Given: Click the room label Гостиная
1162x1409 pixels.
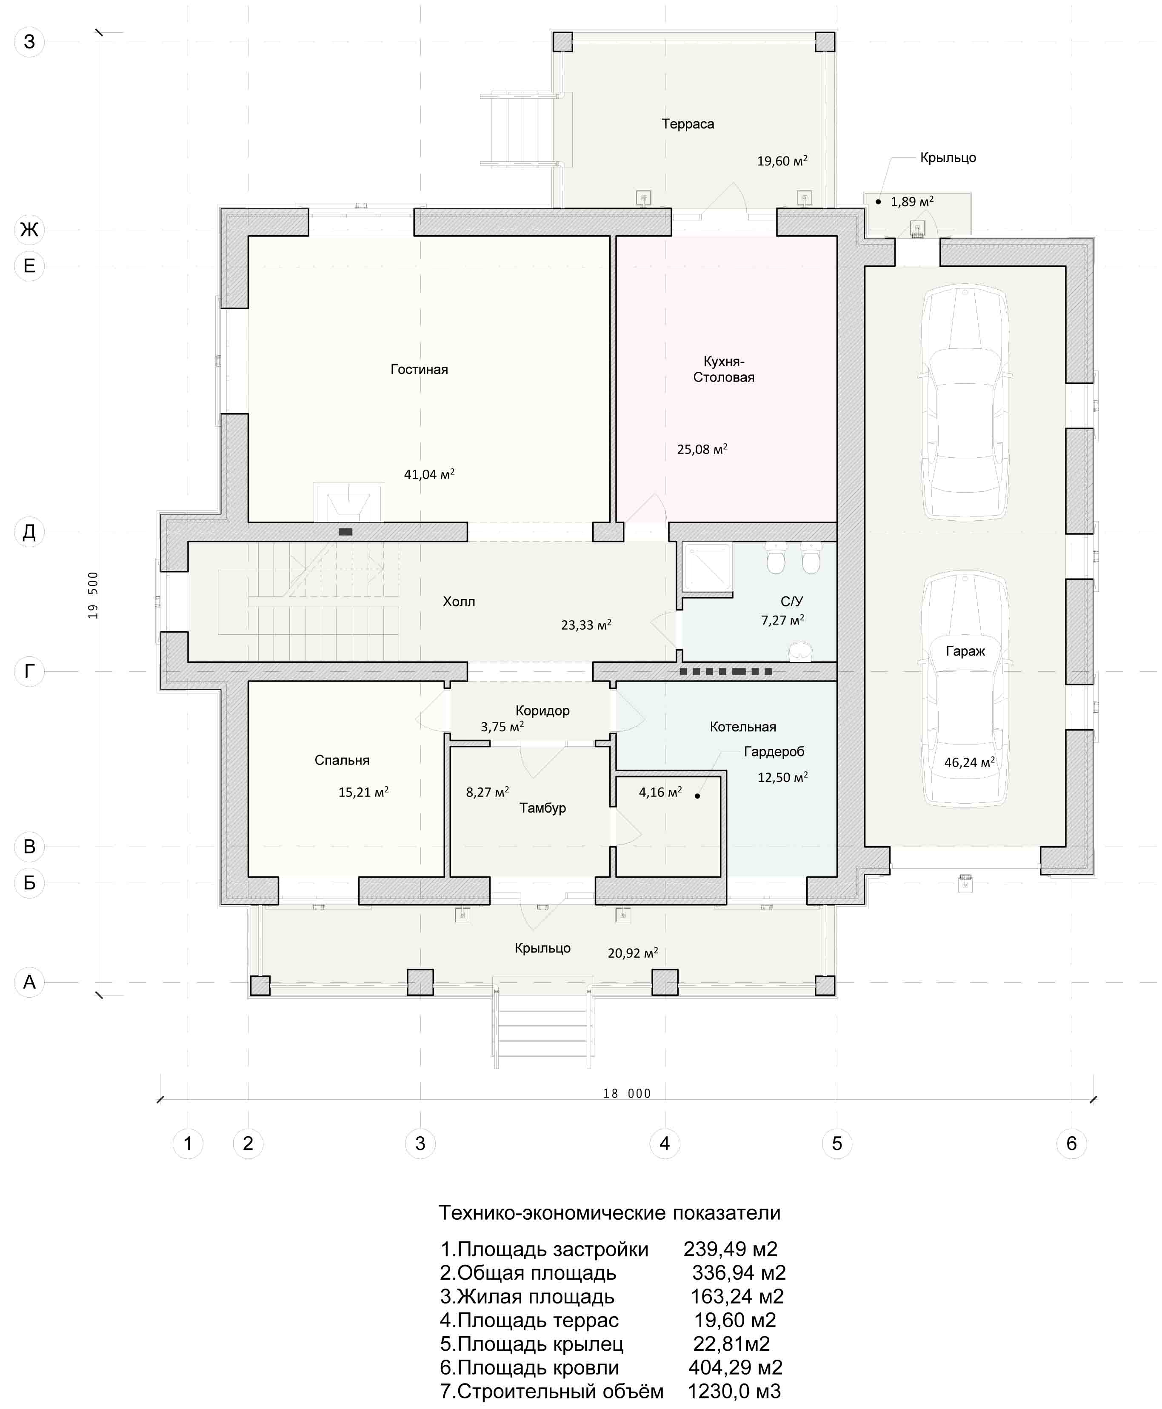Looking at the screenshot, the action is click(x=419, y=370).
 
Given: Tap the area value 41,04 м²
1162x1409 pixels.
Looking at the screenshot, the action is click(x=429, y=474).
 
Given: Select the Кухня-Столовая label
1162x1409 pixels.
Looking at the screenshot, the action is click(x=724, y=370).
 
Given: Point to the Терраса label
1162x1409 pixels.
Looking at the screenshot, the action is click(x=688, y=124).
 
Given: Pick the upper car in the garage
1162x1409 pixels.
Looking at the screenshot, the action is click(x=965, y=404).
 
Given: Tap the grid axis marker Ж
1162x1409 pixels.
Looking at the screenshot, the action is click(x=29, y=230).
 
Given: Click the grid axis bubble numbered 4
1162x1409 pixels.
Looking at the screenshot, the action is click(x=665, y=1143).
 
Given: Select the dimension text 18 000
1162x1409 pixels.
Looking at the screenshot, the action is click(x=626, y=1094).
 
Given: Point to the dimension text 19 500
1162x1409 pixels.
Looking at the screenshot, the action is click(x=93, y=595).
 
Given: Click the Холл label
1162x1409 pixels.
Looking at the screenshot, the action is click(x=459, y=602).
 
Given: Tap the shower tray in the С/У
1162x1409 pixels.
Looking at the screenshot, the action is click(x=707, y=568).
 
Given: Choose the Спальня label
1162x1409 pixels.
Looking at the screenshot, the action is click(x=342, y=760).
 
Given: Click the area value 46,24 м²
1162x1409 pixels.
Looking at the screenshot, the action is click(x=969, y=762).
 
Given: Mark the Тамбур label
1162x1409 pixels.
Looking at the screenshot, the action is click(x=542, y=808).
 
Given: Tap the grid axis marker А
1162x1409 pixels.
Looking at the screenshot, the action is click(x=29, y=982).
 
